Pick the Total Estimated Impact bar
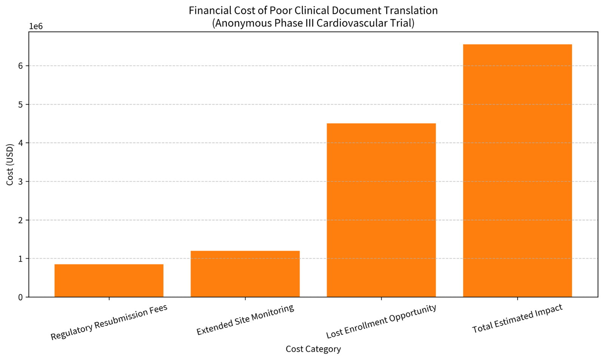coord(517,171)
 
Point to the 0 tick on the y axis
coord(20,297)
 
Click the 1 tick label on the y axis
coord(20,259)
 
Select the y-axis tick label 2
coord(20,220)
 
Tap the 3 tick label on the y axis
coord(20,182)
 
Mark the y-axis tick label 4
coord(20,143)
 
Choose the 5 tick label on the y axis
coord(20,105)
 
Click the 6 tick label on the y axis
coord(20,66)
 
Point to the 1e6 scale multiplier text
coord(36,26)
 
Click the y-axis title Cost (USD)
coord(10,165)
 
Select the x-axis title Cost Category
coord(313,349)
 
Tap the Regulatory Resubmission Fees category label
coord(109,322)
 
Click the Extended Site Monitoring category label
coord(245,320)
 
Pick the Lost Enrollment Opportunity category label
coord(381,321)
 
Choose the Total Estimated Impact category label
coord(517,318)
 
